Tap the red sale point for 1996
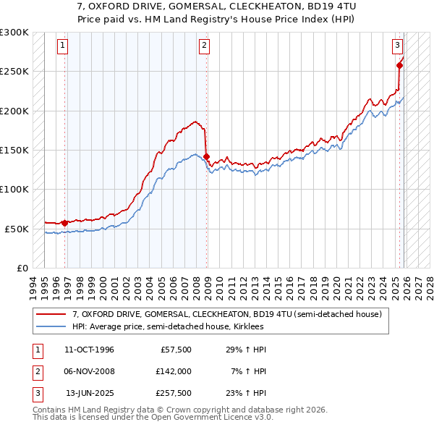click(65, 223)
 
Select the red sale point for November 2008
click(207, 156)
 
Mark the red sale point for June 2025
click(400, 66)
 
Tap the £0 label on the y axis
click(22, 268)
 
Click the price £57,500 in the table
click(176, 350)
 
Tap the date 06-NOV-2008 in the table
click(90, 371)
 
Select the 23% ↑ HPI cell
click(247, 393)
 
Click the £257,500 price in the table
click(174, 393)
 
